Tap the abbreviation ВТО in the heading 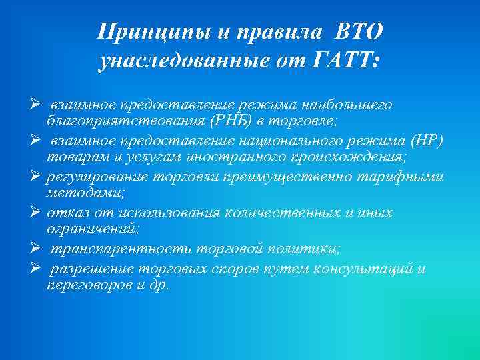[359, 32]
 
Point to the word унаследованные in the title [180, 61]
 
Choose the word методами [75, 193]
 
